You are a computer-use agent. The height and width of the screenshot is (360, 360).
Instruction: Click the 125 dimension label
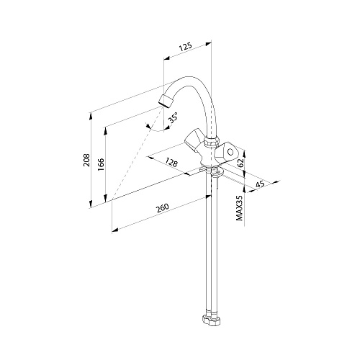pyautogui.click(x=186, y=47)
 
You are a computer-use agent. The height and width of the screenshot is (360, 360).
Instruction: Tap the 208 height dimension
pyautogui.click(x=86, y=160)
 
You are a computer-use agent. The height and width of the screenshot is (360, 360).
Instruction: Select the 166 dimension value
pyautogui.click(x=101, y=164)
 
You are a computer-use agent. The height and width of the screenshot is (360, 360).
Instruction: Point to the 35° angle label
pyautogui.click(x=174, y=117)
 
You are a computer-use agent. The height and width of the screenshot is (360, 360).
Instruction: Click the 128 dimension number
pyautogui.click(x=171, y=163)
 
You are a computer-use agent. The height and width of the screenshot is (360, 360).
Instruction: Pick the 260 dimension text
pyautogui.click(x=163, y=208)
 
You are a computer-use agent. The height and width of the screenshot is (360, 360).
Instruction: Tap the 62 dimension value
pyautogui.click(x=240, y=163)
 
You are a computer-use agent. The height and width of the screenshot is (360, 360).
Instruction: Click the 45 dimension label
pyautogui.click(x=260, y=184)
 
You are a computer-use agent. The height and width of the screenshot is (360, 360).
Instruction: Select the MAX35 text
pyautogui.click(x=240, y=208)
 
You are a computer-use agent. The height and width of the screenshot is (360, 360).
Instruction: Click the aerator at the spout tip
pyautogui.click(x=166, y=102)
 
